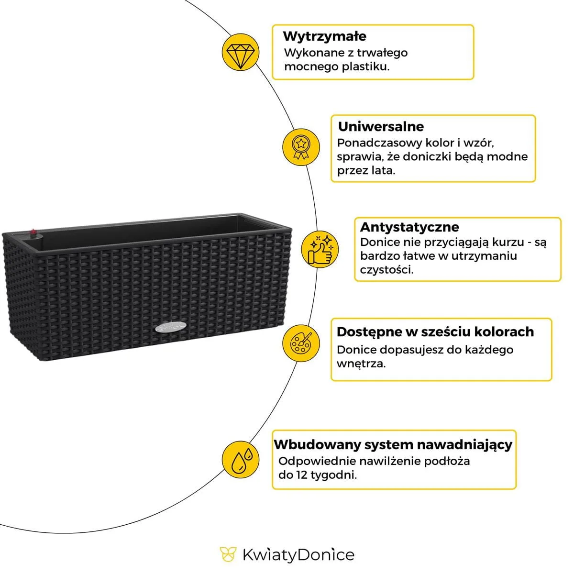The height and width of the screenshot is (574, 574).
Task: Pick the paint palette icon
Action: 300,342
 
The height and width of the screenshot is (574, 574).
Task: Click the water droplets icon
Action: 241,459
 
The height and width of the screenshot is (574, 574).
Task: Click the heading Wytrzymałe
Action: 324,36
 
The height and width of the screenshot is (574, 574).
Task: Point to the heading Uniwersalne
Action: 381,127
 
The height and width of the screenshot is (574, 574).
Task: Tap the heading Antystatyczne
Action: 409,227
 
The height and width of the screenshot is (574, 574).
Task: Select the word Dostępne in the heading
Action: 366,332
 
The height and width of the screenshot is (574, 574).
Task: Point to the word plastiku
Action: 365,66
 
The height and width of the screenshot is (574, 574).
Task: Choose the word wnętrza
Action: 361,364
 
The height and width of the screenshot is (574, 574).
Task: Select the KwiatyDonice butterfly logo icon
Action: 228,555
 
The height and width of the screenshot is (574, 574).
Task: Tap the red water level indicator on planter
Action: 33,233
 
